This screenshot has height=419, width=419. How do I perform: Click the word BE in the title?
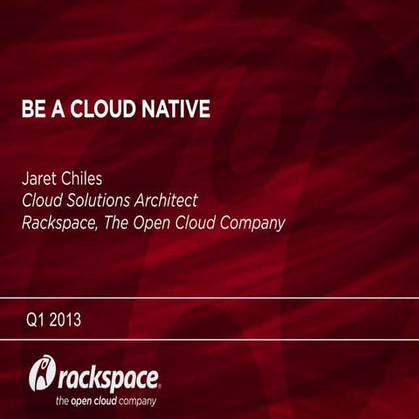(32, 111)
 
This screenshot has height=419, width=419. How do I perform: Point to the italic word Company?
(254, 223)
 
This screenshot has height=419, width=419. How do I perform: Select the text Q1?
(34, 319)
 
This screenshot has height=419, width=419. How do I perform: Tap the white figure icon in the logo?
(41, 372)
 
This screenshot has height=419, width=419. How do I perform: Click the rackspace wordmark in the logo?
(109, 378)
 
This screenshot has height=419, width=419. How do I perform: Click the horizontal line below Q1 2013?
(209, 340)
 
